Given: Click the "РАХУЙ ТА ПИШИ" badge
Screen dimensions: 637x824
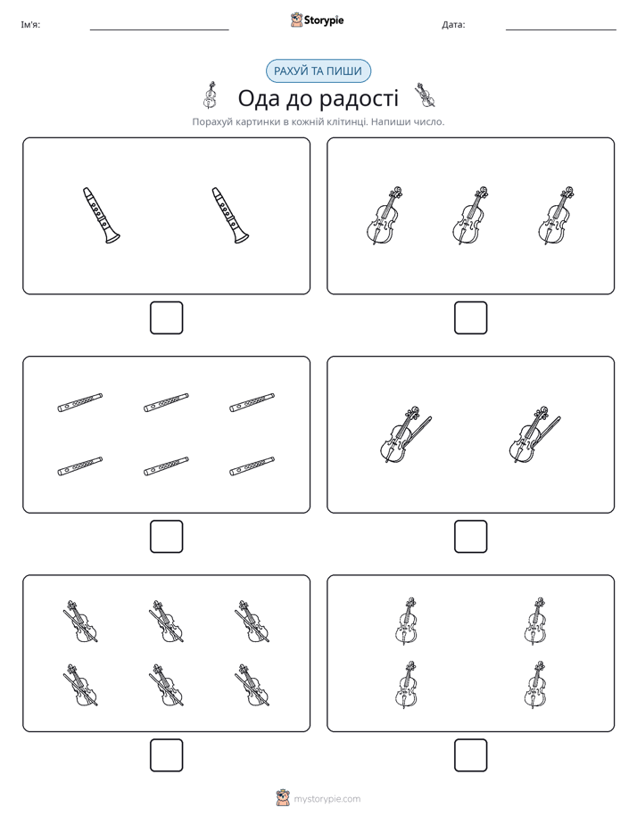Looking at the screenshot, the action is point(318,71).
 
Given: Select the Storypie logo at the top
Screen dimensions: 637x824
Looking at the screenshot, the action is point(317,20).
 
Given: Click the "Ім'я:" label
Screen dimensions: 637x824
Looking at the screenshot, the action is point(30,25).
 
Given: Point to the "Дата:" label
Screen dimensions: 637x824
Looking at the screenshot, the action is point(453,25).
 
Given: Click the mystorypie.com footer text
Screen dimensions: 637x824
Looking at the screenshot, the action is point(327,799).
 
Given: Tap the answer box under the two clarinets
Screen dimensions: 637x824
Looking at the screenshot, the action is point(167,318).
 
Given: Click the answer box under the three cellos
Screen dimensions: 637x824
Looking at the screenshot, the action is point(470,318).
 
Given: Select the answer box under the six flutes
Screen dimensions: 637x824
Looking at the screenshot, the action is point(167,537).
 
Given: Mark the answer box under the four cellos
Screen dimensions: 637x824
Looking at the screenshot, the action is point(470,755).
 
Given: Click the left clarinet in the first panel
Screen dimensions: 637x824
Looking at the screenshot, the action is point(101,215).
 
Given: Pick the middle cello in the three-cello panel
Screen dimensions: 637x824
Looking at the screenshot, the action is point(470,215).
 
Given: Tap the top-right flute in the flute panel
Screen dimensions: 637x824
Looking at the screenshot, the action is point(252,402).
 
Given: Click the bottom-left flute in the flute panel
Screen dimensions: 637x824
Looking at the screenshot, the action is point(80,466).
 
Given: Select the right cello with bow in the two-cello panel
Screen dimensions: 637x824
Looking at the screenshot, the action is point(534,434).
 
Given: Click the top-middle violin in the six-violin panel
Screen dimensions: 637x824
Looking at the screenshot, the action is point(166,622).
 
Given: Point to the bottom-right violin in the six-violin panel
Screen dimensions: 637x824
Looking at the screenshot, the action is point(252,685).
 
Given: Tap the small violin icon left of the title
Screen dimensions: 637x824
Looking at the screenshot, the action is point(210,95).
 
